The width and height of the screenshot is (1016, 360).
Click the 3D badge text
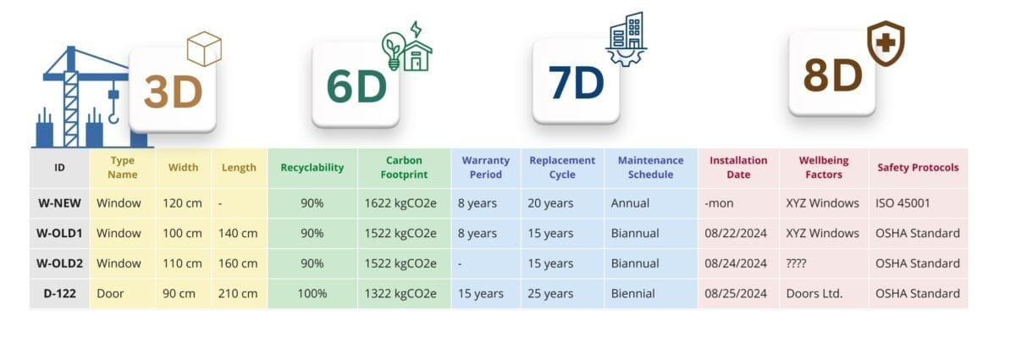coord(173,92)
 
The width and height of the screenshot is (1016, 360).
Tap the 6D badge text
coord(356,86)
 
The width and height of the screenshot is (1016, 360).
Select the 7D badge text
coord(576,83)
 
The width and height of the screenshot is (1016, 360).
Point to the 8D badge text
coord(833,75)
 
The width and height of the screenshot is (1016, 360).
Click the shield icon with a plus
coord(886,43)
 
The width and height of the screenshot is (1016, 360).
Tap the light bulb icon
coord(393,50)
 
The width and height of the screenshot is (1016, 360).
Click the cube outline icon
coord(204,48)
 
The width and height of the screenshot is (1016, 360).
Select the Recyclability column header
coord(312,168)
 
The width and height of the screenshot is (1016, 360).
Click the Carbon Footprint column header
coord(404,168)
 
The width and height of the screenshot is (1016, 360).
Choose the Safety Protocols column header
coord(918,168)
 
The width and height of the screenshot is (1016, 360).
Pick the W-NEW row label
coord(59,203)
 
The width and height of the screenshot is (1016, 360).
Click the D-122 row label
coord(59,293)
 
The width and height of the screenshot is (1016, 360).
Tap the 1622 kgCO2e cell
coord(400,203)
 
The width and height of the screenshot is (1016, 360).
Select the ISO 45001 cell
coord(903,203)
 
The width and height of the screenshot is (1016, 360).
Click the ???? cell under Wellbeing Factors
coord(796,263)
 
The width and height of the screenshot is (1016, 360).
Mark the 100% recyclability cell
coord(312,293)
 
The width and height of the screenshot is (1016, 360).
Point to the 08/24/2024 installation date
coord(736,263)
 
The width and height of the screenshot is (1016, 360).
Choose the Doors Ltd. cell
coord(814,293)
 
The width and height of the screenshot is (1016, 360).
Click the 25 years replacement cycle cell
coord(550,294)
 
